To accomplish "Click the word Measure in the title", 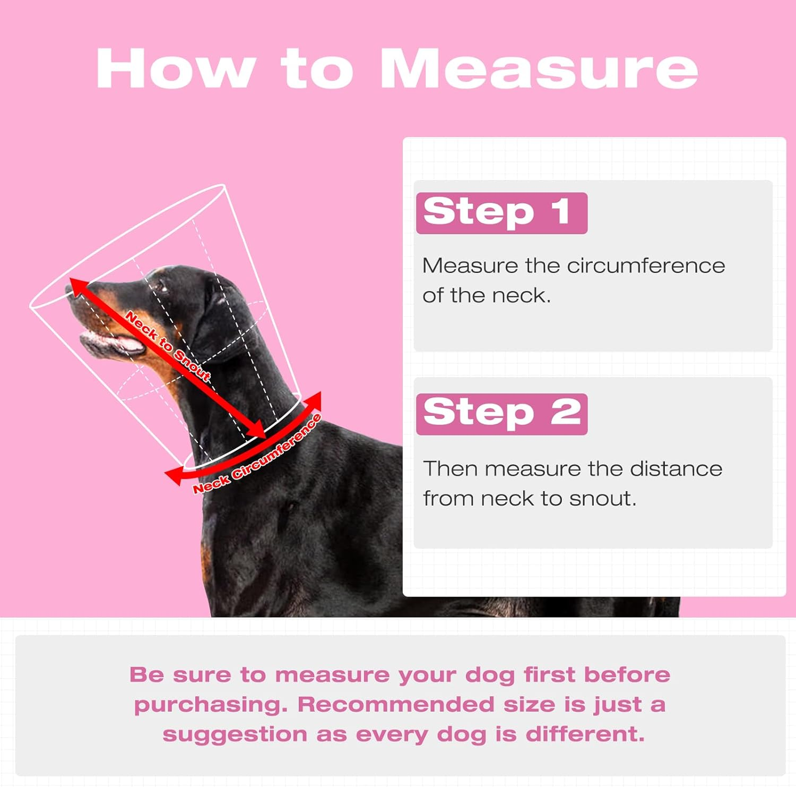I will (x=539, y=69).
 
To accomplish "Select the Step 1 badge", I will (x=501, y=213).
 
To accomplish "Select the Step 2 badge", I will (x=501, y=414).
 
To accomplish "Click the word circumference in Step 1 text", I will (x=646, y=266).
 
